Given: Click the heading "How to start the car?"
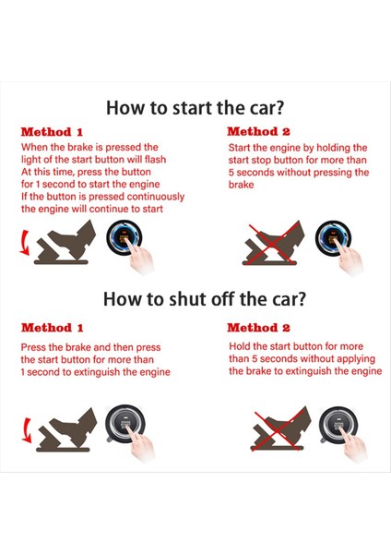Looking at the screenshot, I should pos(195,106).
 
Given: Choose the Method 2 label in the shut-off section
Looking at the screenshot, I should pos(259,328).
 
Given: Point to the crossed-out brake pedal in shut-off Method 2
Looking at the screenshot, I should pos(277,429).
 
